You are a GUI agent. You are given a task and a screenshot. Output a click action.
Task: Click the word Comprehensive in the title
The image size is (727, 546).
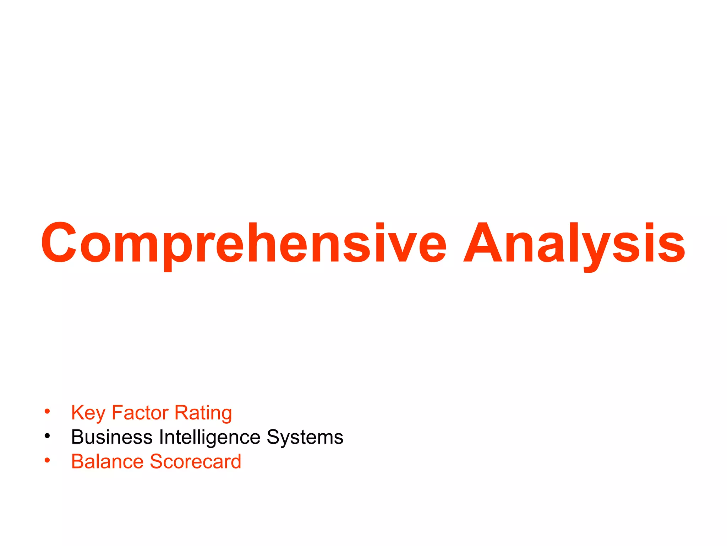click(x=244, y=243)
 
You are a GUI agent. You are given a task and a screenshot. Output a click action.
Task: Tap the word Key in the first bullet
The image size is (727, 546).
click(x=88, y=413)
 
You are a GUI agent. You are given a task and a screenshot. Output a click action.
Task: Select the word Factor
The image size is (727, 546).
click(x=140, y=413)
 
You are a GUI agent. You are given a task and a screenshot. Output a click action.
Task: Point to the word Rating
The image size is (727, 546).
click(x=203, y=413)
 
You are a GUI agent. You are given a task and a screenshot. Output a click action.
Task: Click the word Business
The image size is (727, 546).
click(x=111, y=437)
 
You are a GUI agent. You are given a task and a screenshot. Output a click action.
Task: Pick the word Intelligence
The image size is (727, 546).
click(x=210, y=437)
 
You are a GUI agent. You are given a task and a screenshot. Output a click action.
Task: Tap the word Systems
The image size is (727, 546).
click(x=305, y=437)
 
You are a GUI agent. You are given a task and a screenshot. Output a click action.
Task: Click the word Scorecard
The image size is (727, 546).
click(x=196, y=461)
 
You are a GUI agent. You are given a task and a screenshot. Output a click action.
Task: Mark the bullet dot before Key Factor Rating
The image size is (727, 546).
click(x=47, y=412)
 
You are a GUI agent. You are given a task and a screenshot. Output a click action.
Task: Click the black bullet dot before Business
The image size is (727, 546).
click(x=47, y=436)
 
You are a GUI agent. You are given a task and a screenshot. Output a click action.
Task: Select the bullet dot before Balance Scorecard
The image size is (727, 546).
click(x=47, y=460)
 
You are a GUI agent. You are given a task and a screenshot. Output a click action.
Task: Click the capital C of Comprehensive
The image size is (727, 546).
click(x=59, y=243)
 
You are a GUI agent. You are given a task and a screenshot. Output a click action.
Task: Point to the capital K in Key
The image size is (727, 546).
click(x=78, y=413)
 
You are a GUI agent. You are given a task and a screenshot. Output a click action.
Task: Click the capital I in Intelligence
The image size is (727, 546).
click(x=162, y=437)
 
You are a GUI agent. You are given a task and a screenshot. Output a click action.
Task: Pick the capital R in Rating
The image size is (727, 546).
click(x=181, y=413)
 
